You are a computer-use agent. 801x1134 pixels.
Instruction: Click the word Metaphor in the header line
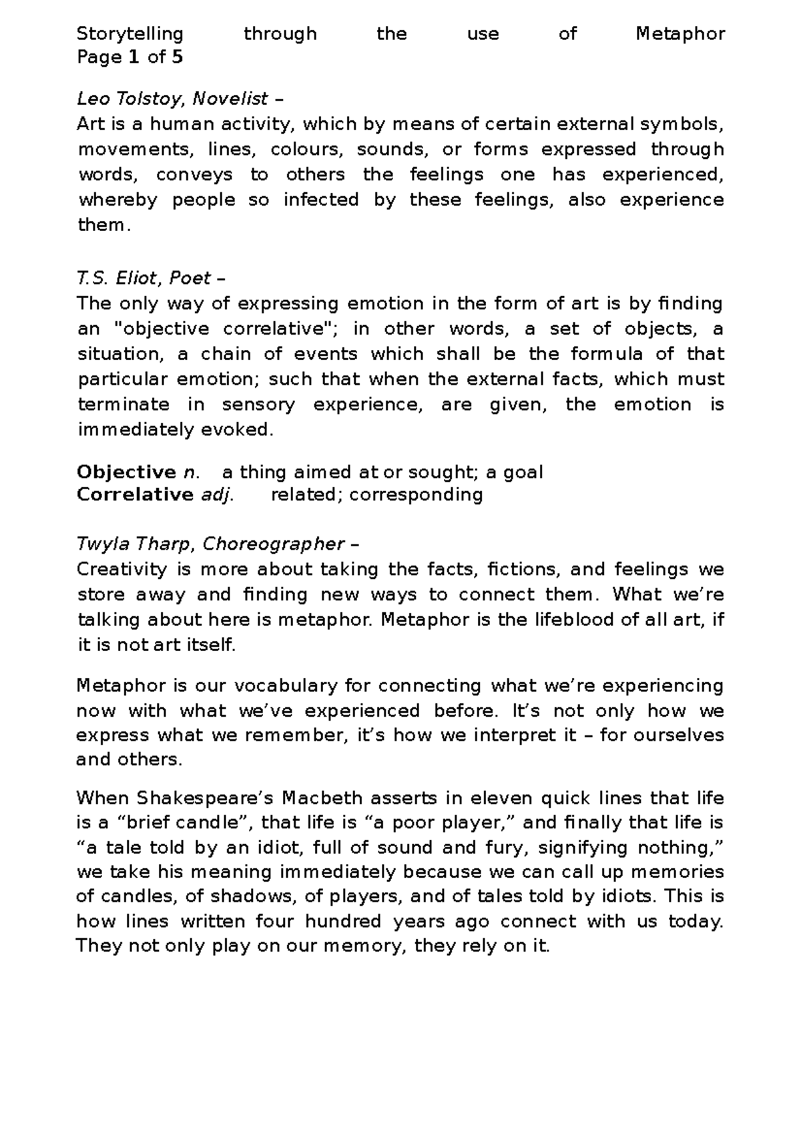pyautogui.click(x=680, y=34)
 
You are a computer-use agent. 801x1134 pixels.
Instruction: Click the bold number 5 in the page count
pyautogui.click(x=177, y=57)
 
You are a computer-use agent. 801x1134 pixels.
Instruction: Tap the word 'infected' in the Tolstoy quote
pyautogui.click(x=321, y=200)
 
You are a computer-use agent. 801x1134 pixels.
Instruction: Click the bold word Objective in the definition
pyautogui.click(x=126, y=473)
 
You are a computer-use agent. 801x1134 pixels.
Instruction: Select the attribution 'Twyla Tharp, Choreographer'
pyautogui.click(x=210, y=544)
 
